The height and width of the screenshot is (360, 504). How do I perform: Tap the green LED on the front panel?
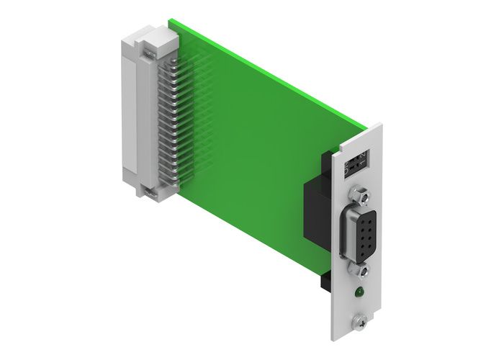click(x=357, y=292)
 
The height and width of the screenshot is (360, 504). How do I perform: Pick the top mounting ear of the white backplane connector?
click(x=148, y=50)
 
